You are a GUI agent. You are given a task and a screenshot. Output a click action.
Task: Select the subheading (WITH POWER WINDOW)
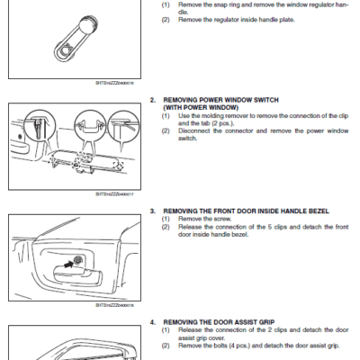(x=196, y=107)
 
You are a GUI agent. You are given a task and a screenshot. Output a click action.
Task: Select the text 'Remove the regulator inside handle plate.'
(x=225, y=19)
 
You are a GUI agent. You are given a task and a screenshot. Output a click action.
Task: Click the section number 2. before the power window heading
(x=153, y=99)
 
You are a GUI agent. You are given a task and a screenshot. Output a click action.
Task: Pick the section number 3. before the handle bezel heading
(x=153, y=211)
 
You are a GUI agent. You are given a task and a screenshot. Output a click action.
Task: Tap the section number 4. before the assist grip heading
(x=153, y=321)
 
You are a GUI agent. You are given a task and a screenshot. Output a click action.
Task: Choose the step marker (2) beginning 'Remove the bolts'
(x=166, y=345)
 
